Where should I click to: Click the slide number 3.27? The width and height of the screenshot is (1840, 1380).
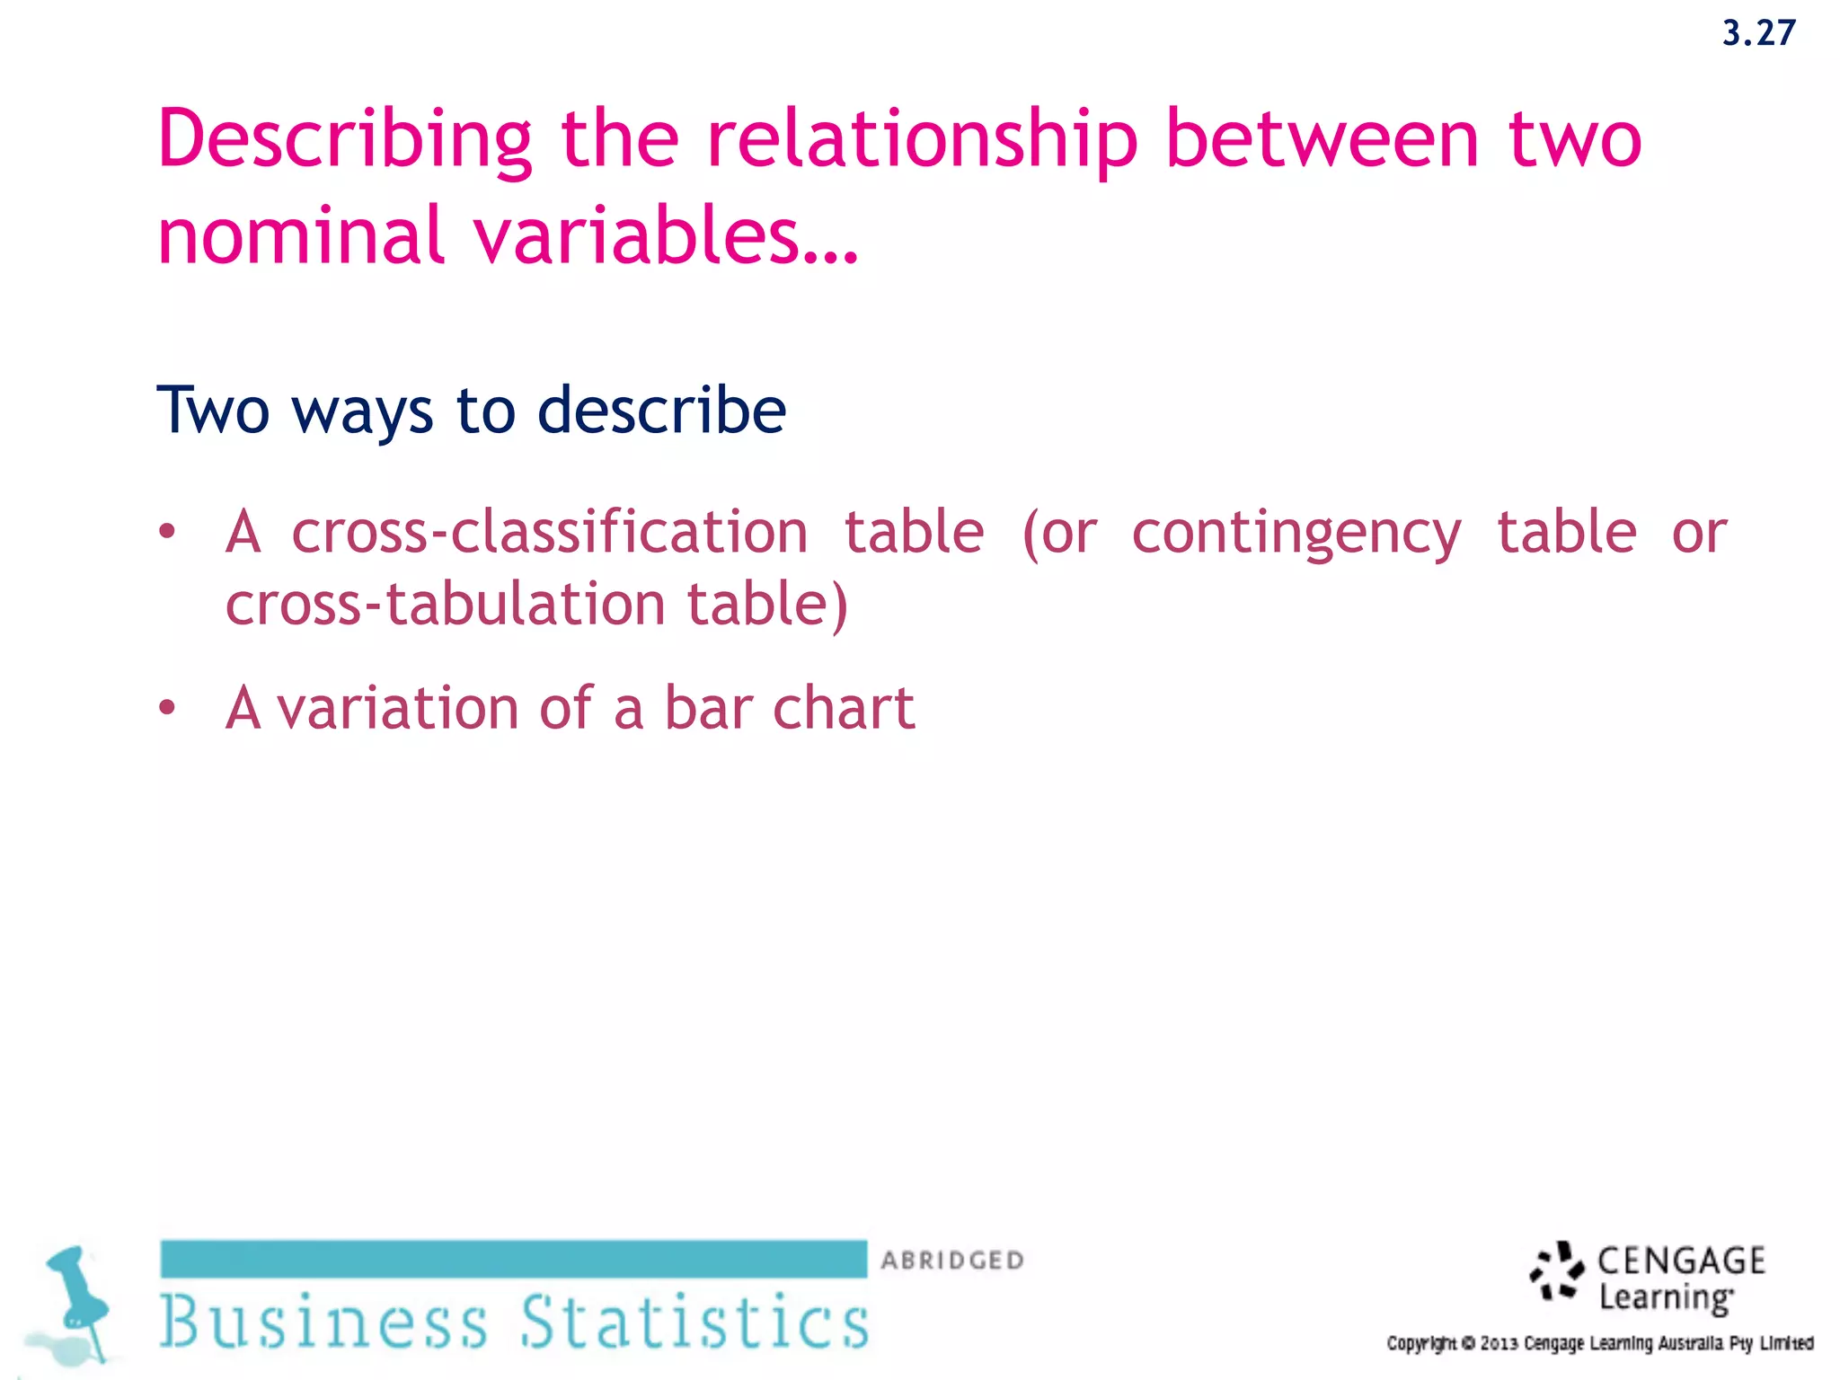[x=1758, y=34]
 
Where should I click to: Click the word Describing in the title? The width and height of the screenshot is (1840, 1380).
[x=345, y=140]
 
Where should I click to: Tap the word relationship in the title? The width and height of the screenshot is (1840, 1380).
[x=922, y=140]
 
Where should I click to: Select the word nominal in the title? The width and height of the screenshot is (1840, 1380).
[x=300, y=235]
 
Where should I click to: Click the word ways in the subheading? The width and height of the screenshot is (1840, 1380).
[x=362, y=411]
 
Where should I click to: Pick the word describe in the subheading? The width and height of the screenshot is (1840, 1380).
[x=661, y=410]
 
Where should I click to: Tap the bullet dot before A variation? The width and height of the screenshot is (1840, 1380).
[x=167, y=709]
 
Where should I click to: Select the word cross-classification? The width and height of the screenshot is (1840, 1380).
[x=549, y=532]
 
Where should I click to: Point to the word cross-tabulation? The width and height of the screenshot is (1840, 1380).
[x=445, y=604]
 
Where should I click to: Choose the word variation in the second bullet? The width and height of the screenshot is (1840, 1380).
[x=397, y=708]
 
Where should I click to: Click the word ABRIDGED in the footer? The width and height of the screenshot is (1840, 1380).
[x=952, y=1261]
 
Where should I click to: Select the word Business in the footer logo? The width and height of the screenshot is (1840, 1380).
[x=323, y=1322]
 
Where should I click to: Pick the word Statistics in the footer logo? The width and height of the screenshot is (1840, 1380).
[x=694, y=1322]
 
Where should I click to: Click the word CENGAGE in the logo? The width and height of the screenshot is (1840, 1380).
[x=1681, y=1261]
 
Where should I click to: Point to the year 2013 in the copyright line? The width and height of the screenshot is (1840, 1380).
[x=1499, y=1344]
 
